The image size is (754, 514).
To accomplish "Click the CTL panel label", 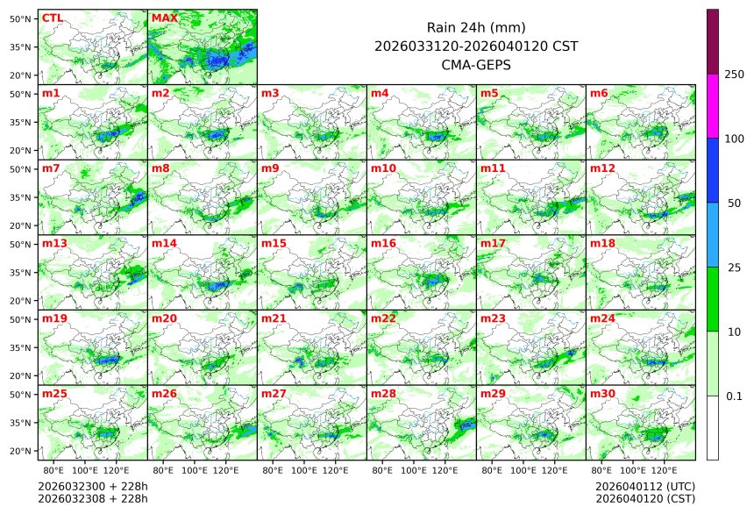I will [52, 18].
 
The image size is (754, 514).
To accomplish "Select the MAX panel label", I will [164, 18].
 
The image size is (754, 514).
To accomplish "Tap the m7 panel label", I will [51, 168].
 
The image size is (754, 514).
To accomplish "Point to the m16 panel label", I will [382, 243].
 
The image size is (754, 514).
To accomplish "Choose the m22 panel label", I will [382, 318].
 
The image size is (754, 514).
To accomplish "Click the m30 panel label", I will [601, 394].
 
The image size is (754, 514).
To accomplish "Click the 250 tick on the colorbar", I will [734, 75].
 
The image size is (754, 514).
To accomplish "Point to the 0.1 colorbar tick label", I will [734, 396].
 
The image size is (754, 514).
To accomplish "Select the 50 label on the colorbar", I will [734, 203].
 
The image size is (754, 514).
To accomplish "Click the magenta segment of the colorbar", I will [713, 106].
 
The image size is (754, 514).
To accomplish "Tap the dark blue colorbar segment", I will [713, 170].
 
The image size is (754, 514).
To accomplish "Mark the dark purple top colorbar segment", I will [713, 42].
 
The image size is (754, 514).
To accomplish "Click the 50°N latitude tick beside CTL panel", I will [21, 18].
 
